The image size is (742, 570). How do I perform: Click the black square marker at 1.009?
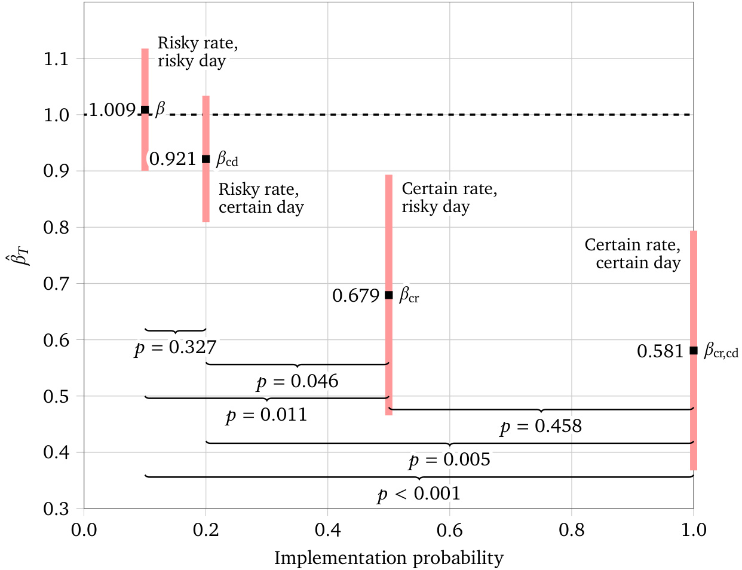coord(145,110)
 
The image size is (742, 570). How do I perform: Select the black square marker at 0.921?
coord(206,159)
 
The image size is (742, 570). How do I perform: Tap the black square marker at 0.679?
coord(389,295)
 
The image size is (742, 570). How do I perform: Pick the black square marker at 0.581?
coord(694,351)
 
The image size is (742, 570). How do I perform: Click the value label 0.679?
coord(355,296)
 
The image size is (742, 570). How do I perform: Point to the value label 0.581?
coord(660,351)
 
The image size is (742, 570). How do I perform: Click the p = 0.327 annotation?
coord(176,347)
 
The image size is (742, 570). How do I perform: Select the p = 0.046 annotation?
coord(298,381)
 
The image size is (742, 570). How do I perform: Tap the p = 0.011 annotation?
coord(266,415)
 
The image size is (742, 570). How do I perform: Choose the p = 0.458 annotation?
coord(541,426)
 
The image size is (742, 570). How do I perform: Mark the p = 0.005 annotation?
coord(450,459)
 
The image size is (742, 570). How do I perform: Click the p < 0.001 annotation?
coord(419,494)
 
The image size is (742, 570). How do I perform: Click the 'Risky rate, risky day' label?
coord(197,52)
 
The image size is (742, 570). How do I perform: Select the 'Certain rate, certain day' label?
coord(633,254)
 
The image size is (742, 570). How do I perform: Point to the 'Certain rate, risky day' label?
coord(449,198)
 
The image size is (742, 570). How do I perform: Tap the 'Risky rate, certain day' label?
coord(261,198)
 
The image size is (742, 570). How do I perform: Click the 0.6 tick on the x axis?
coord(449,529)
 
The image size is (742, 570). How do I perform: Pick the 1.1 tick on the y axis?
coord(56,59)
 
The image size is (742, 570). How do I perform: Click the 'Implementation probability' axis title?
coord(389,558)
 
